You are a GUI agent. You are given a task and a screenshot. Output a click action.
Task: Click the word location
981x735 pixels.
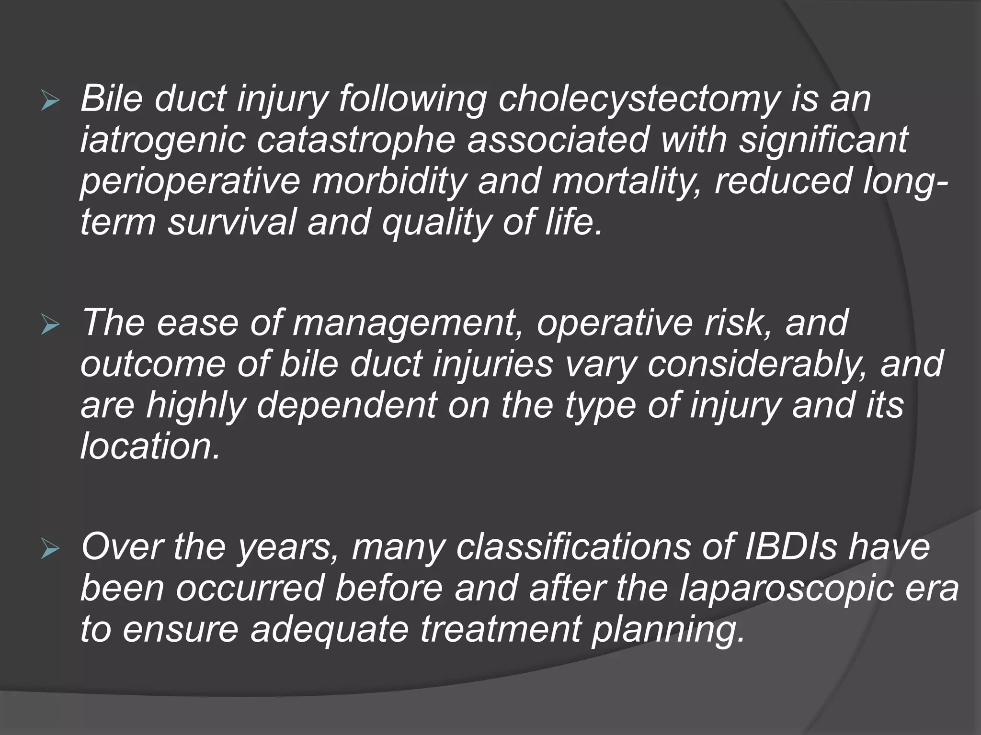click(150, 446)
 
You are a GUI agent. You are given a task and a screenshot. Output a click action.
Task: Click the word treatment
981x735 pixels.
click(501, 629)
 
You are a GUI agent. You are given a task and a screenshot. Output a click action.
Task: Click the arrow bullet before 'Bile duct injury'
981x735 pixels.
click(50, 101)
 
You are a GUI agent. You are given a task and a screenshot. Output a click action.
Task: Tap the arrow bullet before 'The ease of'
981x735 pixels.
click(50, 325)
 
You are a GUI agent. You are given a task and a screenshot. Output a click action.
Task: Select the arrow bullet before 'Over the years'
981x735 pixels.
click(50, 549)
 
